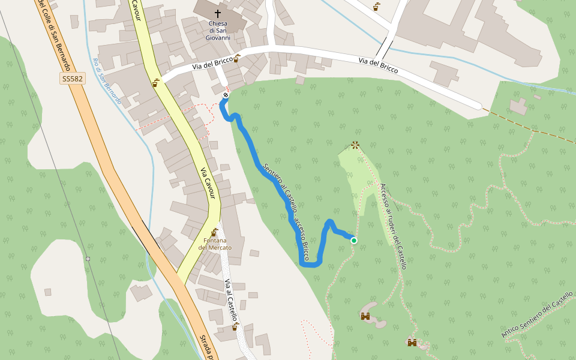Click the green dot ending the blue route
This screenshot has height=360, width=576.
click(x=354, y=241)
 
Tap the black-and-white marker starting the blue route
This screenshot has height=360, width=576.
click(x=226, y=95)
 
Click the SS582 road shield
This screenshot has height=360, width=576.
click(x=73, y=79)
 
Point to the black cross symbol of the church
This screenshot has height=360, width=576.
click(x=217, y=13)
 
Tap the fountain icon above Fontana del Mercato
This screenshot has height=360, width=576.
click(x=214, y=232)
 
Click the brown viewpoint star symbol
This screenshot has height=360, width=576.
click(x=355, y=145)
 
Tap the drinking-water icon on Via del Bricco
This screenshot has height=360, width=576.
click(x=236, y=58)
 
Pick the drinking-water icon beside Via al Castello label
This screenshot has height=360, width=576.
click(x=234, y=327)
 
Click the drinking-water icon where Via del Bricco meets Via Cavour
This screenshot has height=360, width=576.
click(x=156, y=83)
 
